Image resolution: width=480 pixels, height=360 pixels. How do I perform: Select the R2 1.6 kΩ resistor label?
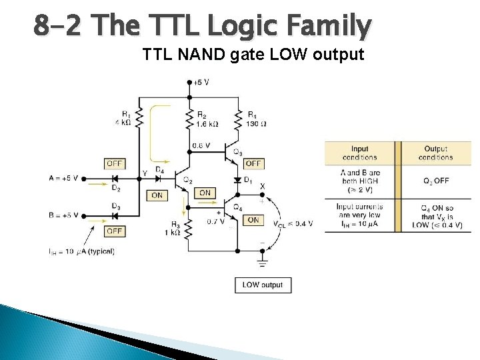click(207, 119)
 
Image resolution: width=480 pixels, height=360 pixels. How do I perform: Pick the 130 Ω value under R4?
click(257, 123)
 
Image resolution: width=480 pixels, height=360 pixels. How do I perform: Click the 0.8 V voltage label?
click(201, 145)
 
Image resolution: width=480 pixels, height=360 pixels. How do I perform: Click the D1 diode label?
click(248, 180)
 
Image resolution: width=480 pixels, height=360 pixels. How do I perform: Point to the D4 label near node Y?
click(160, 170)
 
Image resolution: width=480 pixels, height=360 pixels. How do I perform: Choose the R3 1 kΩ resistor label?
click(175, 229)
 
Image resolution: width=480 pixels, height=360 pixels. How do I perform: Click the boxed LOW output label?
click(263, 285)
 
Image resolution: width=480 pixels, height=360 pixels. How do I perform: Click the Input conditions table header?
click(359, 153)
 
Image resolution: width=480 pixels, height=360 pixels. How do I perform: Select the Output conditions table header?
click(436, 153)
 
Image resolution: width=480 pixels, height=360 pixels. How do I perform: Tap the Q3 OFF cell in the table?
click(436, 181)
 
